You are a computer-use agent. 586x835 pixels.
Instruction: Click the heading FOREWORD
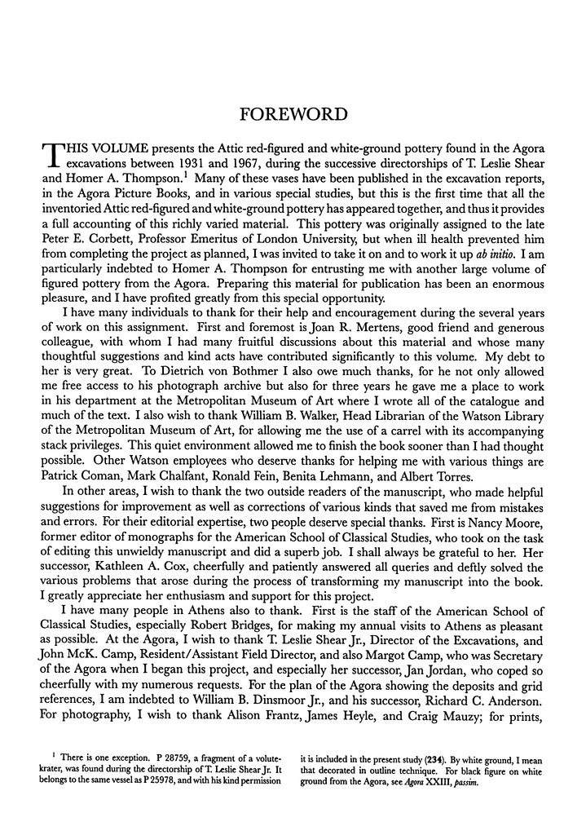[x=293, y=114]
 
